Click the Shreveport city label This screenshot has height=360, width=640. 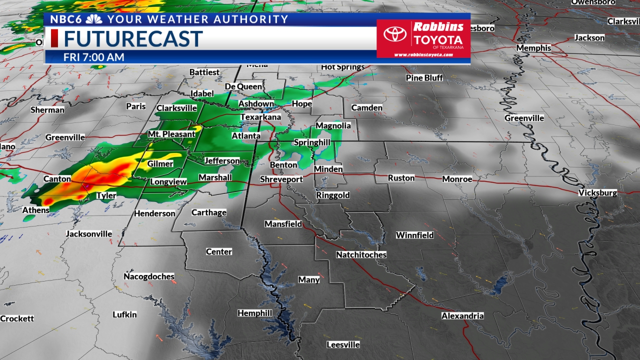coord(281,179)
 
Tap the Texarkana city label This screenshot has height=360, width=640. coord(260,117)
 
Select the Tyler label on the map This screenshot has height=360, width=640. coord(106,195)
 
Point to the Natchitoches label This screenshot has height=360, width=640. coord(361,254)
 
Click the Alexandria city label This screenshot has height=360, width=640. coord(462,315)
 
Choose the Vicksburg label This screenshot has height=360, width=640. coord(597,192)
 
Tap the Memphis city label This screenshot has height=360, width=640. coord(533,48)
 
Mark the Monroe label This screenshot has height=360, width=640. coord(457,179)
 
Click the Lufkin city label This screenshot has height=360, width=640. coord(124,314)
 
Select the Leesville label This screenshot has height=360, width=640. coord(343,344)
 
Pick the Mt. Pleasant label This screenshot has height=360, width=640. coord(171,134)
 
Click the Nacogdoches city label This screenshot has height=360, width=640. coord(149,276)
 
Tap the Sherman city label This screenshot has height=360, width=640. coord(47,110)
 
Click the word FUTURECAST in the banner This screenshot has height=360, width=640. coord(133,39)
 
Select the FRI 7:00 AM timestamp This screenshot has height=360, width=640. coord(93,57)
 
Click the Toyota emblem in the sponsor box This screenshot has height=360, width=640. coord(395,34)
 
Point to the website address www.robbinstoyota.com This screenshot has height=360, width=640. coord(423,54)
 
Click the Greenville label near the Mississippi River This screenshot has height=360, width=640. coord(524,118)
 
